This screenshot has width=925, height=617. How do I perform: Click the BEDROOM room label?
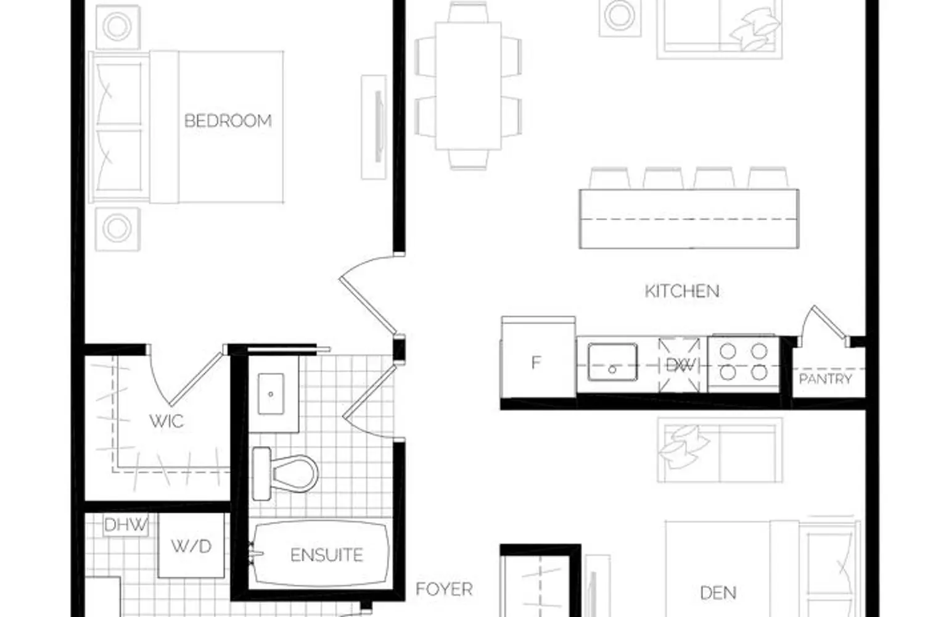coord(228,121)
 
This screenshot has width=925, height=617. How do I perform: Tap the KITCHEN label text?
coord(682,291)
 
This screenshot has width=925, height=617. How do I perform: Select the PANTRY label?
coord(826,379)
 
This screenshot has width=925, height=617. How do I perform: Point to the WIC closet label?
coord(166,421)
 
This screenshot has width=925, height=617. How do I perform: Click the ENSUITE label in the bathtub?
coord(327,555)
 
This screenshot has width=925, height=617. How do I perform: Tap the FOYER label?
coord(444,589)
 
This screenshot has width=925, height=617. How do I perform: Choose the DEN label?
coord(718,593)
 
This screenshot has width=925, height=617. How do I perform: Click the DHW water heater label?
coord(126,525)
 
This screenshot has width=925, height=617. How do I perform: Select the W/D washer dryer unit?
coord(191,545)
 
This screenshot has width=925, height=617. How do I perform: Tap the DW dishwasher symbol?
coord(680,365)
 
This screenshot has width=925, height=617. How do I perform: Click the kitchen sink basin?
coord(612,362)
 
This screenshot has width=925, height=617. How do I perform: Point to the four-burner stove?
coord(743,363)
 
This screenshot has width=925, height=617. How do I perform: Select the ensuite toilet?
coord(284,474)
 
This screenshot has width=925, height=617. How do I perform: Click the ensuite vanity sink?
coord(271,394)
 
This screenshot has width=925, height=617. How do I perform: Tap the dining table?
coord(468,86)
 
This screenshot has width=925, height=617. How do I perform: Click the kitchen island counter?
coord(689,219)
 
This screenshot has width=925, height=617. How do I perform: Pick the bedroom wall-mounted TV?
coord(374,127)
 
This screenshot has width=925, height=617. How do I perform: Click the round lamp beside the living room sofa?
coord(620,15)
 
